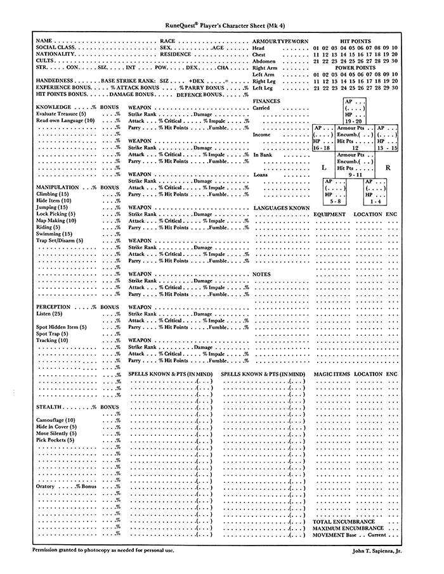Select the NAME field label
click(x=44, y=40)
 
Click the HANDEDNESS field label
click(x=54, y=80)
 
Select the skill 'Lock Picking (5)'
click(x=55, y=214)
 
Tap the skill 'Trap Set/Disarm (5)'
click(x=60, y=241)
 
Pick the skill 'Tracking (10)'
click(x=52, y=340)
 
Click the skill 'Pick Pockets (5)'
click(x=55, y=440)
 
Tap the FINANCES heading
click(x=266, y=101)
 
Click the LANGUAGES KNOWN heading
click(x=282, y=207)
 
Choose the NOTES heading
click(x=261, y=274)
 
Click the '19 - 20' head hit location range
click(x=355, y=120)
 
